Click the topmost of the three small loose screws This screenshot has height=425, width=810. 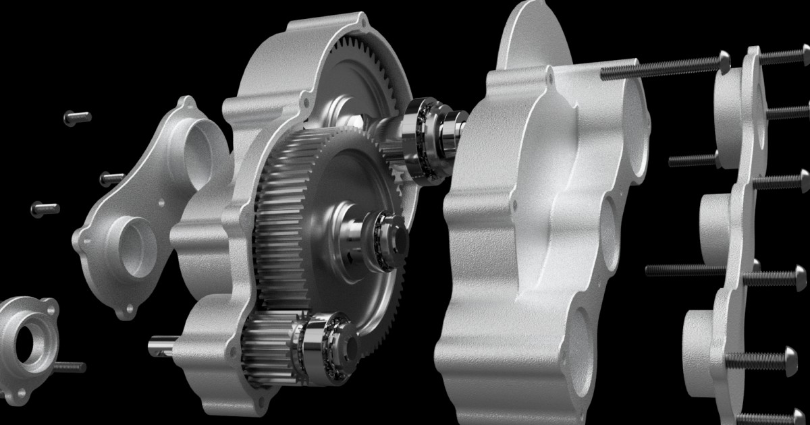click(77, 117)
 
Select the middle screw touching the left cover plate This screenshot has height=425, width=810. click(111, 178)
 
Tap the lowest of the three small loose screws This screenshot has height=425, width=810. click(45, 209)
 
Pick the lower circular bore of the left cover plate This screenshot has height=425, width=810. click(138, 246)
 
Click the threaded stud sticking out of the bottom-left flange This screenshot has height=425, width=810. click(69, 367)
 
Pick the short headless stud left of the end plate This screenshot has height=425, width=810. click(692, 161)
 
